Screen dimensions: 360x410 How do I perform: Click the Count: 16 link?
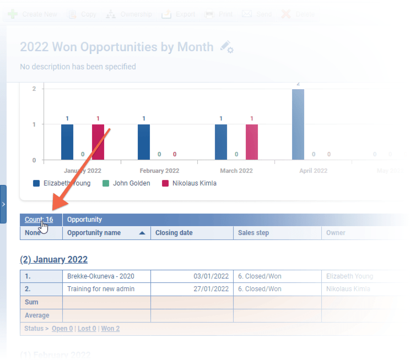tap(39, 220)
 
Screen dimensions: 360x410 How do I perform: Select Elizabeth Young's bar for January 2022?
tap(67, 142)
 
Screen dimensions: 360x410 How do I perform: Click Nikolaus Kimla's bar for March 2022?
tap(252, 142)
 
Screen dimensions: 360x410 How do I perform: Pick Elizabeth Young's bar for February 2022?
tap(144, 142)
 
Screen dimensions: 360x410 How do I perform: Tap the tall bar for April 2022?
tap(298, 124)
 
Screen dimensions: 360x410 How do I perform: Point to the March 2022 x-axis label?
tap(236, 171)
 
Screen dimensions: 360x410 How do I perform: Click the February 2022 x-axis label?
tap(159, 171)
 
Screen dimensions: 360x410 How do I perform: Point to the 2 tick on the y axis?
tap(34, 89)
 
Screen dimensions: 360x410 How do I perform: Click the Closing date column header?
tap(174, 233)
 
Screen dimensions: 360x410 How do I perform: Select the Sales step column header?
tap(253, 233)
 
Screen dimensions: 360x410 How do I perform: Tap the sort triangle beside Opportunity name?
tap(143, 233)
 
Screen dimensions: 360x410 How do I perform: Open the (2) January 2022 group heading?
tap(53, 260)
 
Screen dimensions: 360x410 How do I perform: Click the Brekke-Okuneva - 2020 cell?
tap(101, 276)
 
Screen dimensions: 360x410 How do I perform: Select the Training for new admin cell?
tap(101, 289)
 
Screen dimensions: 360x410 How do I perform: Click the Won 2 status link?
tap(110, 329)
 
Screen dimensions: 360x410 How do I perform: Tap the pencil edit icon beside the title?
tap(226, 47)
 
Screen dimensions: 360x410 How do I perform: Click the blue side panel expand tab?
tap(3, 204)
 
